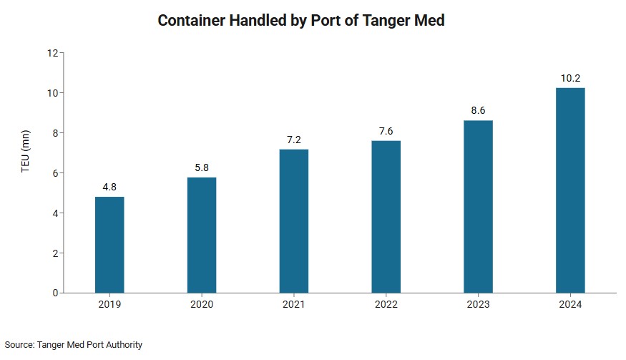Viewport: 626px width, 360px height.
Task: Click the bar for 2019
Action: [x=109, y=245]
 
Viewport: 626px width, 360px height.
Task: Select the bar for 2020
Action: [x=202, y=235]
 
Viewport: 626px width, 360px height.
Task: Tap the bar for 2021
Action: [x=294, y=220]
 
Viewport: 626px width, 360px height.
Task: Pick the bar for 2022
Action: [x=386, y=216]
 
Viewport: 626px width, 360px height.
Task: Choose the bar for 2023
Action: [x=478, y=206]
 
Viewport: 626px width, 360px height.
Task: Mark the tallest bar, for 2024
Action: [x=570, y=190]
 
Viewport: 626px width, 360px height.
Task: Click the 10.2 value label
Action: [x=570, y=78]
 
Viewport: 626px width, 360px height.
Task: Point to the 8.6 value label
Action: [x=478, y=110]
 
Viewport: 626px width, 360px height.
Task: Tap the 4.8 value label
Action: [x=109, y=187]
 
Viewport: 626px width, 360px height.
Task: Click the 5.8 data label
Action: [x=202, y=167]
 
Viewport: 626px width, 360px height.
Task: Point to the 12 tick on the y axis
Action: [x=52, y=53]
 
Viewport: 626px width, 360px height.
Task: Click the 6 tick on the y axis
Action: [x=54, y=173]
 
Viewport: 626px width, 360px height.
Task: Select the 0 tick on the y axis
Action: [x=54, y=293]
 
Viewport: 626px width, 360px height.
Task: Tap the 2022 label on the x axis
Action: [x=386, y=305]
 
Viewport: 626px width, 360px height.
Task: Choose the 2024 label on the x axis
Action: [x=570, y=305]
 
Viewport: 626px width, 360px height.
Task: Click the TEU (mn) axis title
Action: [x=25, y=172]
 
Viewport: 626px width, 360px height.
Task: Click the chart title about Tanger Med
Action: [x=300, y=20]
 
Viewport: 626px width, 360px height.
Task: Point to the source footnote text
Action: [x=74, y=345]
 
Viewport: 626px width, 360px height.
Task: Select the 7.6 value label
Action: [x=386, y=131]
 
